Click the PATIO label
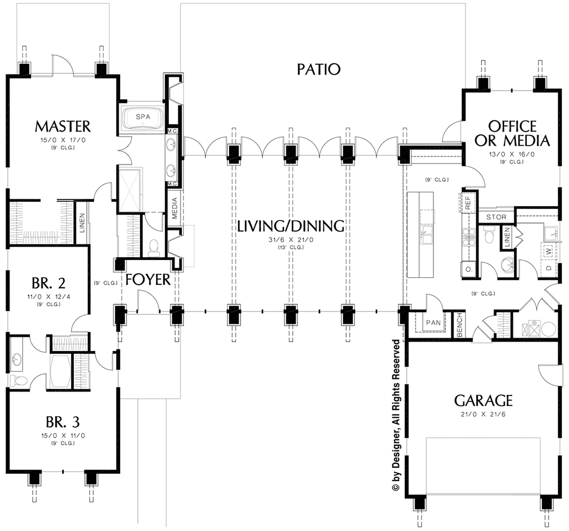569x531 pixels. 318,69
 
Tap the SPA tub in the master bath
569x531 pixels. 143,118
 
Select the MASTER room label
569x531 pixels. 62,126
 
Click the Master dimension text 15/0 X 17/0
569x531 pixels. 63,141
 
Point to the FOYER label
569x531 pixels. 148,279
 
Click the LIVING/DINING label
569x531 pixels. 291,226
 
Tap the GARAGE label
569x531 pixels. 483,401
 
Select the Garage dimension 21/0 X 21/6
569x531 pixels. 483,414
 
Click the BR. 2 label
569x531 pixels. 49,283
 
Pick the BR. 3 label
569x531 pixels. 63,422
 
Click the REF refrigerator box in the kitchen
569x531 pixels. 468,202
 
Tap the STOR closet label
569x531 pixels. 496,217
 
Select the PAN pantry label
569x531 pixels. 433,323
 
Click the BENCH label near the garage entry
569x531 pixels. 460,325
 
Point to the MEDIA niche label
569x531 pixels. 174,208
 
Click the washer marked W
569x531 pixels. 548,251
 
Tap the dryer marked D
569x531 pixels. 548,268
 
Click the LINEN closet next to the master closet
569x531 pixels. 82,223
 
